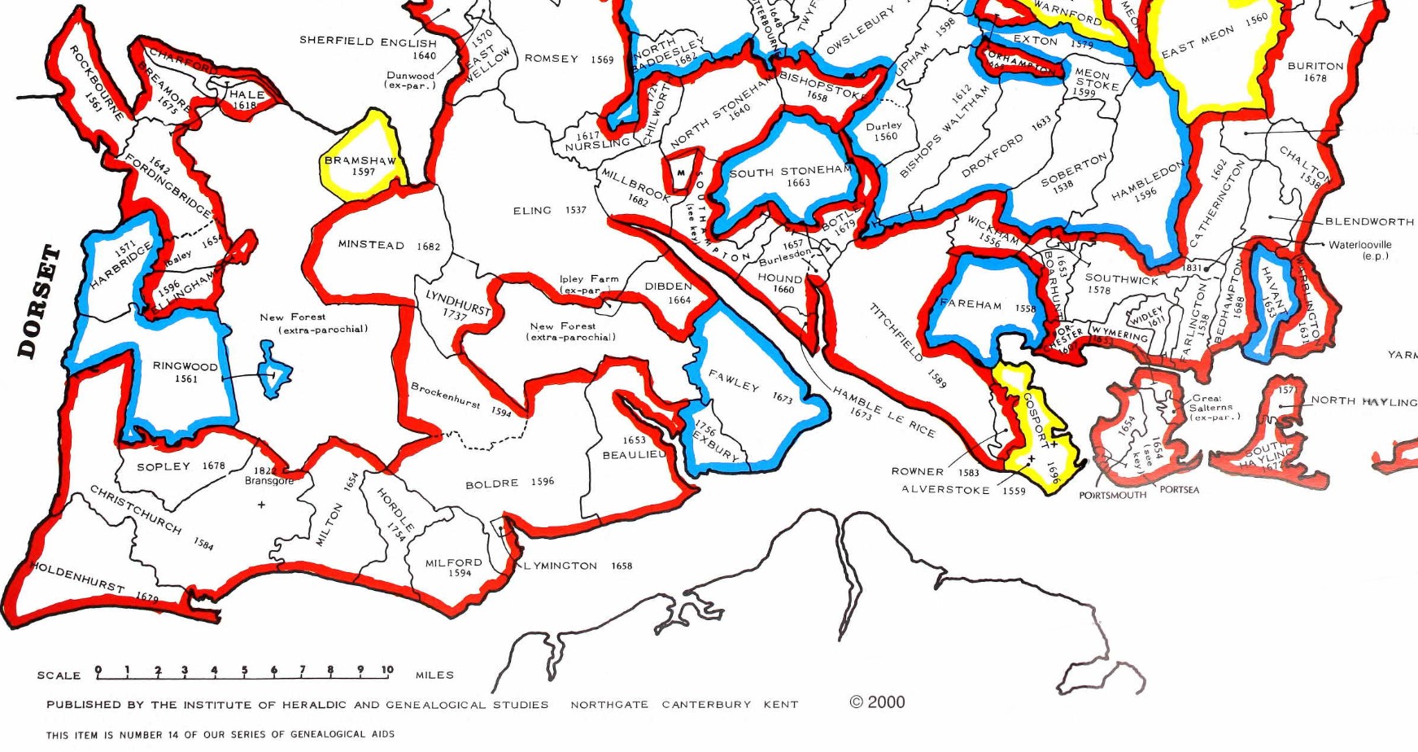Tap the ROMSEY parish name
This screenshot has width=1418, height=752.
(x=551, y=59)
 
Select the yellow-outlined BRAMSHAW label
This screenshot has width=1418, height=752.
(x=360, y=160)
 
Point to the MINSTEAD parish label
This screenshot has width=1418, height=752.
(x=371, y=245)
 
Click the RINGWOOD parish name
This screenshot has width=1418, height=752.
(x=185, y=366)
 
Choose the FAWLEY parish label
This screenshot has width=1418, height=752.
(x=733, y=380)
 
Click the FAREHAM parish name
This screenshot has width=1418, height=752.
(x=971, y=304)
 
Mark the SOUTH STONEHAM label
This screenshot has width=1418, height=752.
(x=790, y=172)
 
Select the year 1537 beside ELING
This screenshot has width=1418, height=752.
(x=576, y=210)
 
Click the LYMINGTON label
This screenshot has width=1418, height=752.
(x=561, y=566)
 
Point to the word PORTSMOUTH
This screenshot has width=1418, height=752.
(x=1112, y=495)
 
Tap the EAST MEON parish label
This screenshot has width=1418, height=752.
(x=1198, y=42)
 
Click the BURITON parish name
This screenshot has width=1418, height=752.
(x=1315, y=66)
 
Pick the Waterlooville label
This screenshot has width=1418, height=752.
(x=1359, y=244)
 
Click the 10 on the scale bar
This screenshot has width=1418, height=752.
(x=387, y=670)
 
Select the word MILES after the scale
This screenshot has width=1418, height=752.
(x=434, y=675)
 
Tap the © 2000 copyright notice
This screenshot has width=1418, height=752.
(x=877, y=702)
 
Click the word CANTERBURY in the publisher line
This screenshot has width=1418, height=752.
(x=706, y=705)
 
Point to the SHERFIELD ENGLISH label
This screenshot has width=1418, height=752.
(x=368, y=41)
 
